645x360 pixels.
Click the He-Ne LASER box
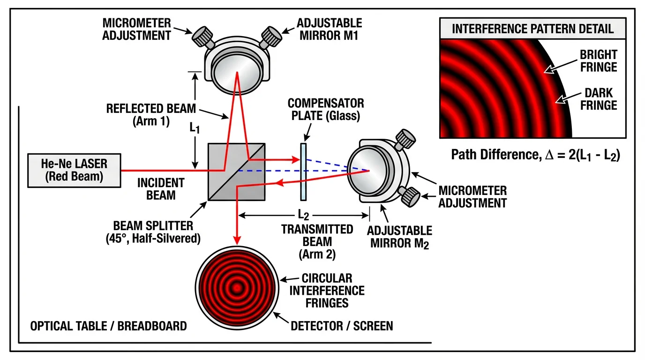point(74,170)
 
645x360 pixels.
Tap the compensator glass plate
point(303,172)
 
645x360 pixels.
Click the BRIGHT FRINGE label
point(599,61)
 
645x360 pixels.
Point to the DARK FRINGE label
point(599,99)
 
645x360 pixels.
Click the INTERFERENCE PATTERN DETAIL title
point(532,29)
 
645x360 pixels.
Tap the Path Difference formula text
point(535,155)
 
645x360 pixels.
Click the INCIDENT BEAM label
point(161,188)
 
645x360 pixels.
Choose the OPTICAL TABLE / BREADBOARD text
point(108,325)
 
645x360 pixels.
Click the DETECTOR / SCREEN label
point(342,325)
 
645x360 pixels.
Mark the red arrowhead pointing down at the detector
point(238,239)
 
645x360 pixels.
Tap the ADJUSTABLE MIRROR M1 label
point(330,29)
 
